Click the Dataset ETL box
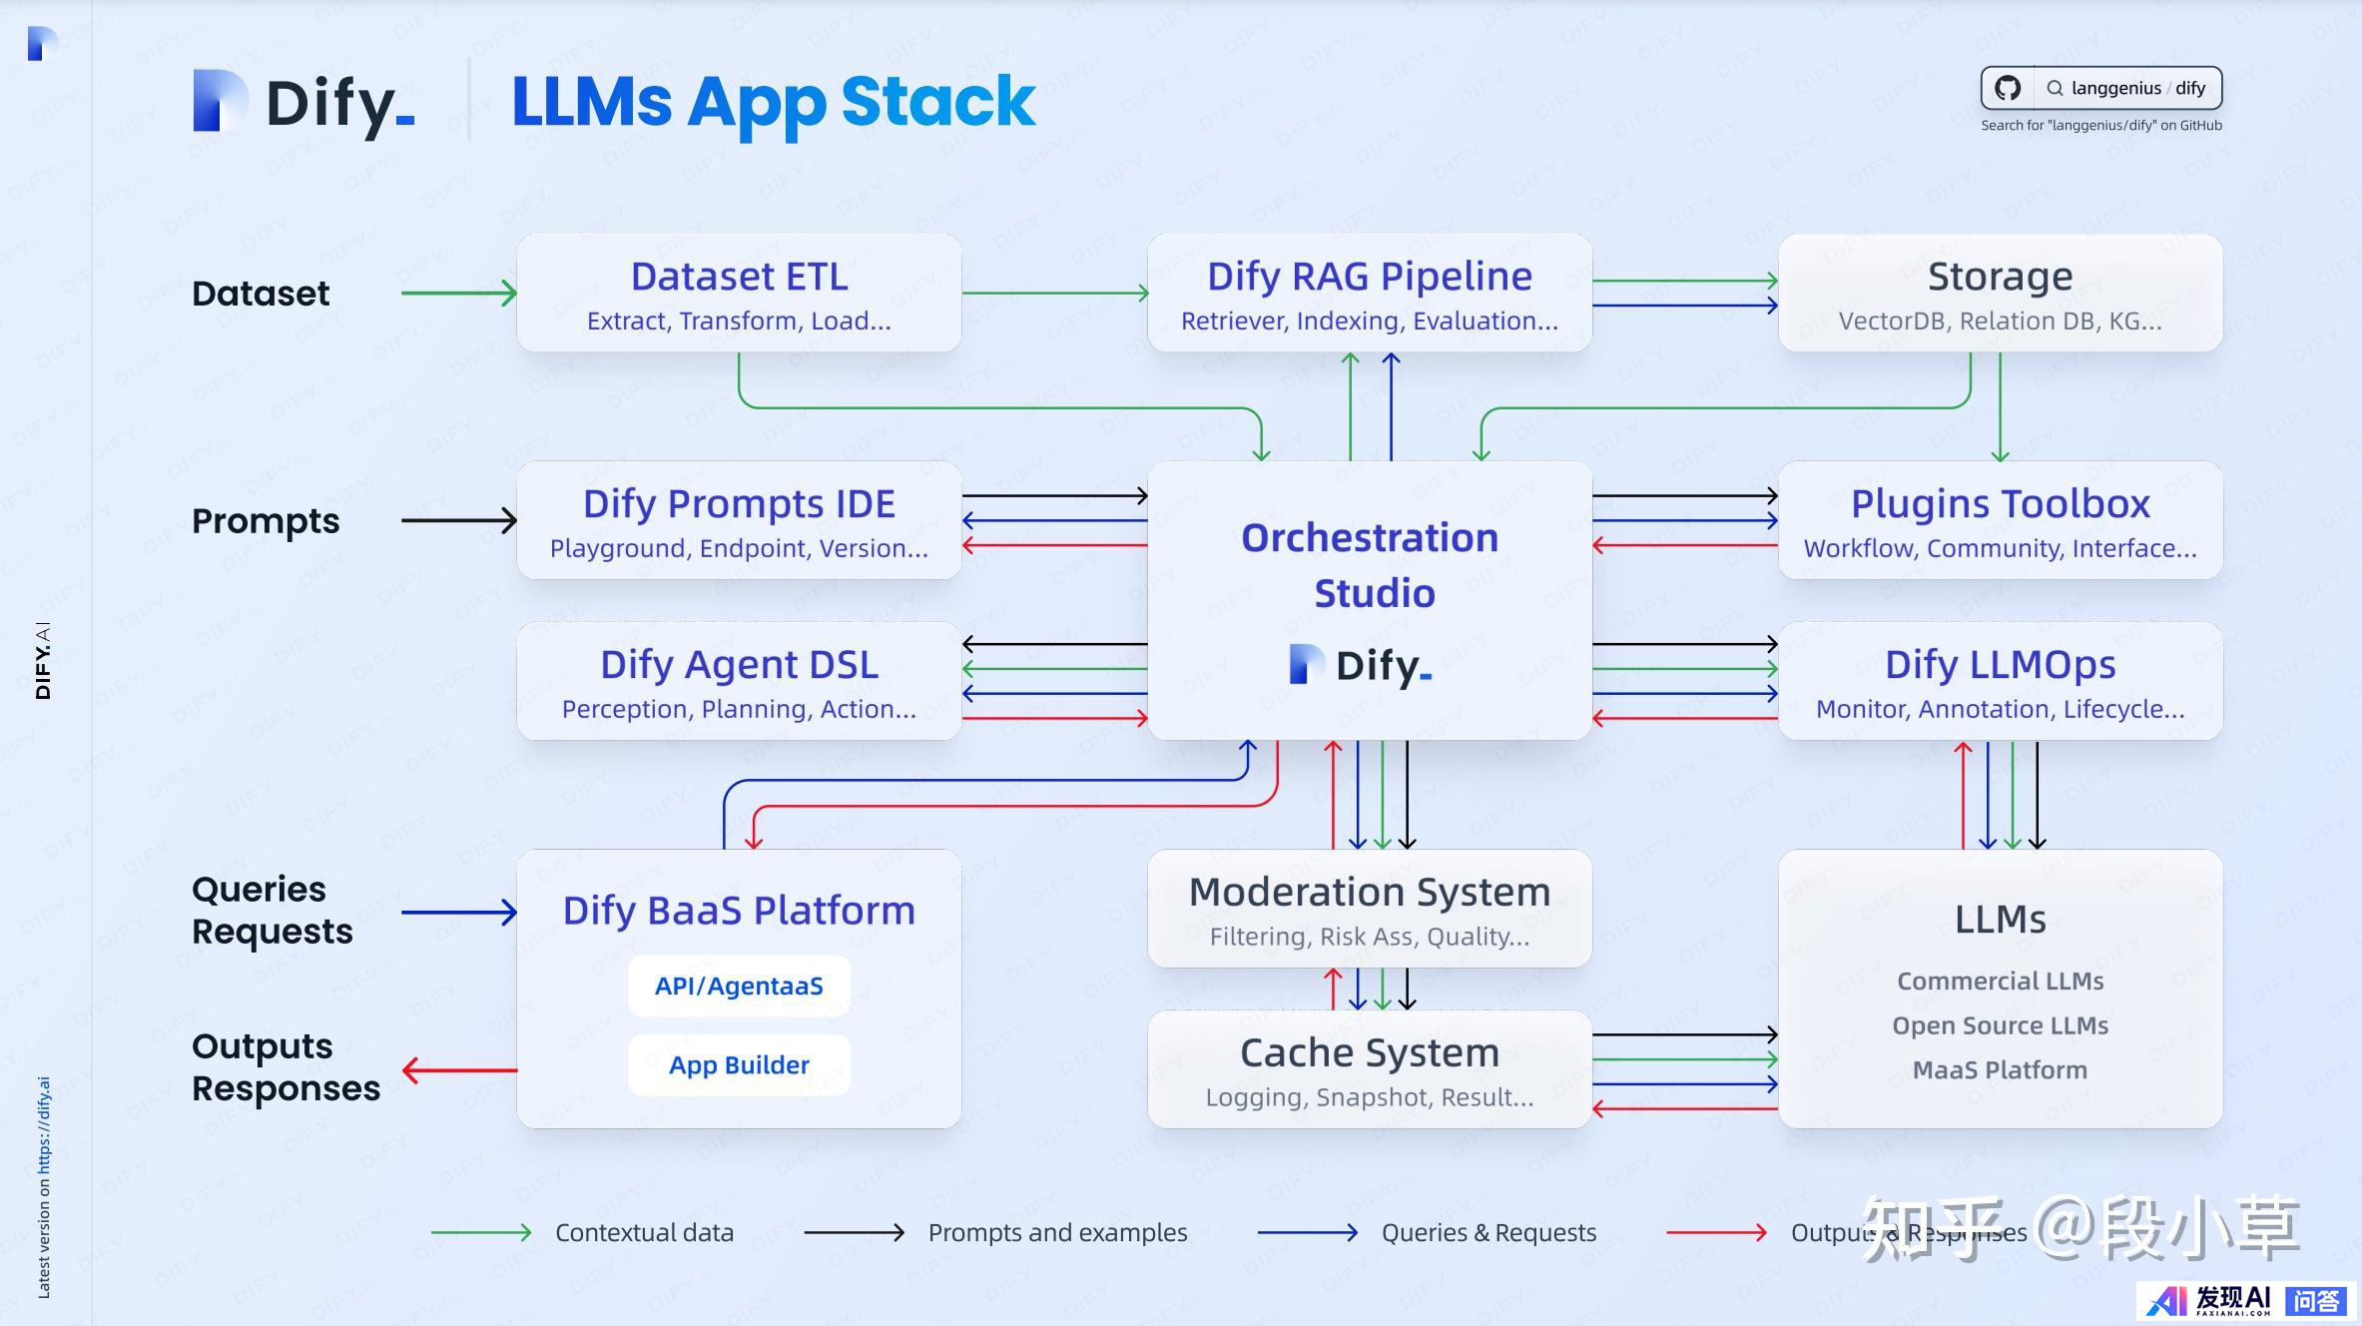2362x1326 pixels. [739, 293]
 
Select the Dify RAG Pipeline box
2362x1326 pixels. [1369, 293]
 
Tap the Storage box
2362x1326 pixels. [2000, 293]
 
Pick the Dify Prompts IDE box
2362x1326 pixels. [739, 520]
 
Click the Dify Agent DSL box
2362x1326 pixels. [739, 681]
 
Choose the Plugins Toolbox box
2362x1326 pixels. [2000, 520]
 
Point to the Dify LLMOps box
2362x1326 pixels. [2000, 681]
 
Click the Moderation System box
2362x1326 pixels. [1369, 909]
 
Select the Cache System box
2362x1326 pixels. [1369, 1069]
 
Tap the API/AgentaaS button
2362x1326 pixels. [739, 987]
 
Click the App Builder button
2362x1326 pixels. [739, 1065]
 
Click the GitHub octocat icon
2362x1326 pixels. [2008, 88]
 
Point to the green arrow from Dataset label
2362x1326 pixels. [458, 293]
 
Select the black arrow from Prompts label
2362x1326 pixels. [458, 520]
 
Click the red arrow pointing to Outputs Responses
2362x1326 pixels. [459, 1070]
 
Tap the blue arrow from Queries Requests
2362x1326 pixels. [458, 912]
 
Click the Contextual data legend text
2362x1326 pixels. [644, 1233]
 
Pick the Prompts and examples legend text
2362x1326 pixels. [1057, 1233]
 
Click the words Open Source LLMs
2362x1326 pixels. [2000, 1025]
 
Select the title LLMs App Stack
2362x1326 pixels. [774, 102]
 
